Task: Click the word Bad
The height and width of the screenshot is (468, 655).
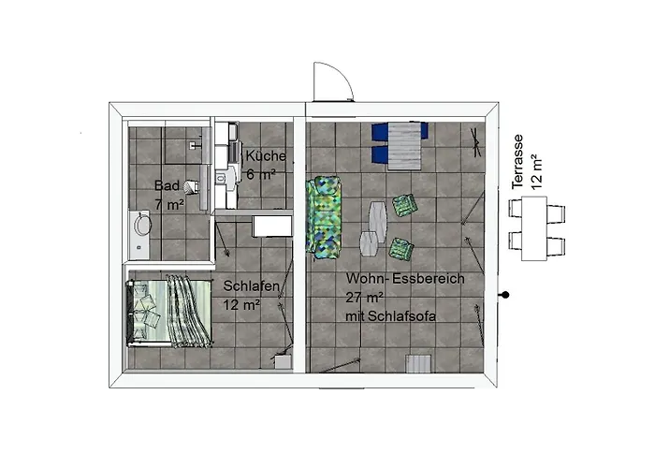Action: [167, 185]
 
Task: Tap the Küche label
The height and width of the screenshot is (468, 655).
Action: [266, 156]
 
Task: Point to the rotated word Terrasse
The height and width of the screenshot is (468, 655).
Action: [520, 160]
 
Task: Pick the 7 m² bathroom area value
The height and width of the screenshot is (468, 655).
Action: [168, 203]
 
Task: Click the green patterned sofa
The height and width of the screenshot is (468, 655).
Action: [324, 216]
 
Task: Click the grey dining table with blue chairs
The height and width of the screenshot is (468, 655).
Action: [400, 142]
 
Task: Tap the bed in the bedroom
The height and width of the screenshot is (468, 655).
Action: [168, 311]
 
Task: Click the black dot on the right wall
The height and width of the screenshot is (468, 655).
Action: [506, 296]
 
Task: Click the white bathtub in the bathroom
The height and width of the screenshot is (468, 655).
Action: [139, 235]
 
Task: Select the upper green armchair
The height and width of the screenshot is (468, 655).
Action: [405, 205]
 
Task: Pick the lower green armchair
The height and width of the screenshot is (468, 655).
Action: [400, 250]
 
